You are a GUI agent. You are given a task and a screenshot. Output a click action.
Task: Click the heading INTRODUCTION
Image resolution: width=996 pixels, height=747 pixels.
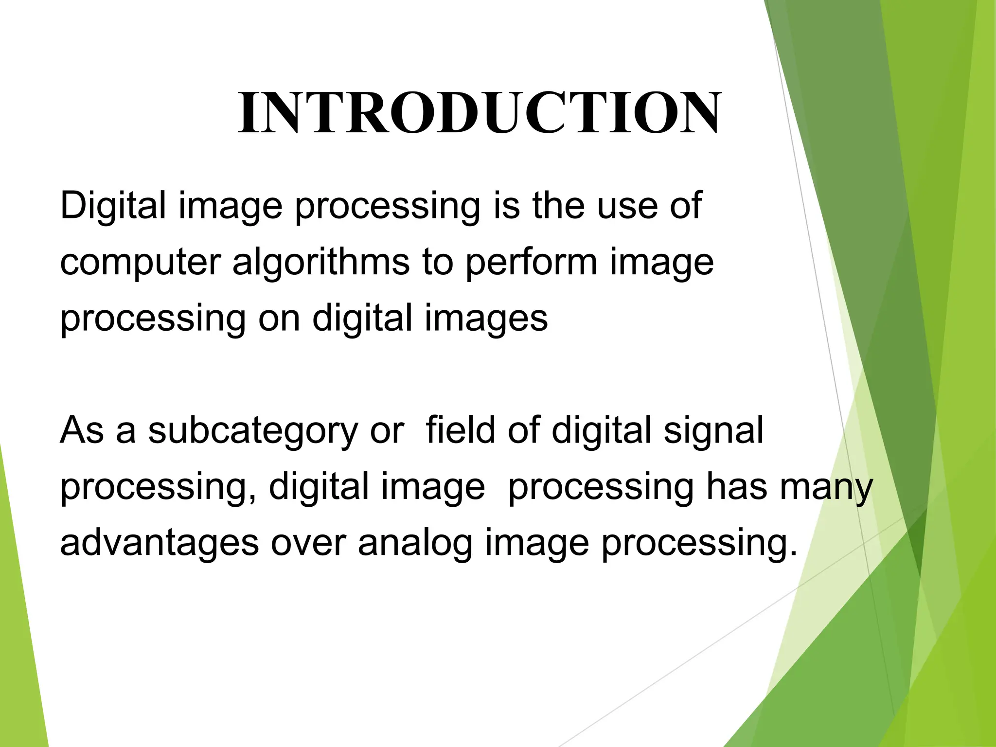[x=479, y=113]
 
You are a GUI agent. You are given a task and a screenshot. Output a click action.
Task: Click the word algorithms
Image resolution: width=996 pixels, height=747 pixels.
[x=321, y=263]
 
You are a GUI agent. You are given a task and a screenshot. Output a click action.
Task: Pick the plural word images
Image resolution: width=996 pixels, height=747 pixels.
[x=486, y=319]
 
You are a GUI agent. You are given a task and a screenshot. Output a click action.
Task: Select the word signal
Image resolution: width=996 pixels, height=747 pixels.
[x=713, y=432]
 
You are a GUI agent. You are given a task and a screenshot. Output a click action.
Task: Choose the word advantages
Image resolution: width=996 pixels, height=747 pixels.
[x=159, y=544]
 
